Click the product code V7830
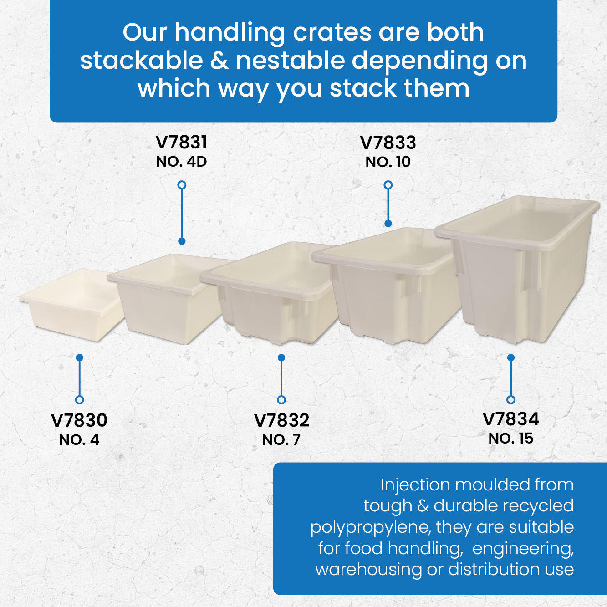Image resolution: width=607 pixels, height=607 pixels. coord(79,420)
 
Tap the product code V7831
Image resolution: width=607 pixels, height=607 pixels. coord(181,143)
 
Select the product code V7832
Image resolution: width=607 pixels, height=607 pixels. coord(281,420)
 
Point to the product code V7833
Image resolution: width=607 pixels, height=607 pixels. coord(388,143)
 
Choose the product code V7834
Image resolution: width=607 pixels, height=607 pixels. coord(510,419)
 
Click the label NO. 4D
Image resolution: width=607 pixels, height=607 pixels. coord(181,162)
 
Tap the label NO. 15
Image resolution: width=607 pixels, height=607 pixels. coord(510,438)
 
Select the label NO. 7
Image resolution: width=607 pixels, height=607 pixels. coord(281,440)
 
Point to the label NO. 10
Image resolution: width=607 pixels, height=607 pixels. coord(388,162)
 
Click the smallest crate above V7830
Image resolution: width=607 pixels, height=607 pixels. coord(72,305)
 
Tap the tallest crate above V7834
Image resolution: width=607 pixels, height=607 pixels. coord(516,269)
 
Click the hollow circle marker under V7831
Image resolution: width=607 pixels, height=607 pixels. coord(182,185)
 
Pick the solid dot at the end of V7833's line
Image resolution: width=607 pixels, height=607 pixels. coord(388,223)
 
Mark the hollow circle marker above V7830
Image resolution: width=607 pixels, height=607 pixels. coord(79,400)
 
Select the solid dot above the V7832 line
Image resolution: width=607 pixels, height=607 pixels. coord(281,357)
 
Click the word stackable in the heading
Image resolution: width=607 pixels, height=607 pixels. coord(142,61)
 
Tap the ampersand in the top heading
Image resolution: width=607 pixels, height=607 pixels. coord(219,61)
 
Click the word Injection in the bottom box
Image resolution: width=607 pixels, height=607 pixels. coord(415,485)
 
